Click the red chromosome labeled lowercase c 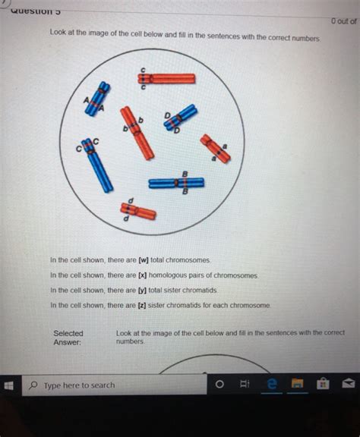coord(166,78)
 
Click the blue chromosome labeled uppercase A coord(97,99)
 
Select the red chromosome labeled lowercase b coord(137,132)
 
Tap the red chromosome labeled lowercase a coord(215,149)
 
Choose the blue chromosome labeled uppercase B coord(176,183)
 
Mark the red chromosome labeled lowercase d coord(137,211)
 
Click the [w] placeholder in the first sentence coord(143,260)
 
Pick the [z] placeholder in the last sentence coord(142,305)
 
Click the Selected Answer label coord(68,338)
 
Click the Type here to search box coord(114,385)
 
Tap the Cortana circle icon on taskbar coord(219,385)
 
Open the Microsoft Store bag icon coord(323,385)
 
